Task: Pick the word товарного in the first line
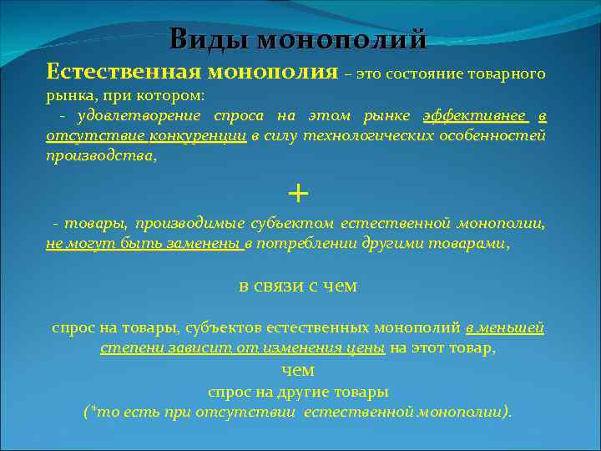(511, 73)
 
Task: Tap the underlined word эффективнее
(475, 115)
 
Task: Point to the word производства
(99, 155)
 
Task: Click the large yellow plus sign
(297, 193)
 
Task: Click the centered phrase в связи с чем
(298, 286)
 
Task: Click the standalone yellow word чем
(298, 370)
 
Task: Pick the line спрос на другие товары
(298, 391)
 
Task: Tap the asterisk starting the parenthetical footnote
(90, 409)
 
